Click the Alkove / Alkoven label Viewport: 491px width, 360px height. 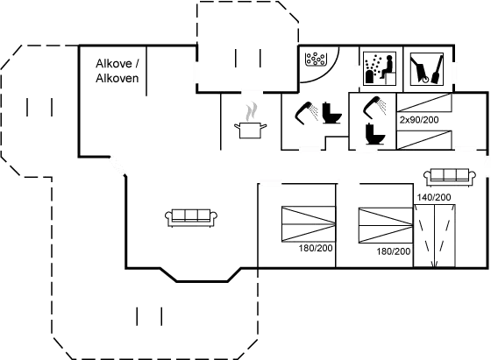tap(117, 71)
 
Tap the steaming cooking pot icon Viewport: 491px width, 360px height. tap(251, 121)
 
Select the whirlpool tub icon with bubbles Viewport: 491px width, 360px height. tap(315, 59)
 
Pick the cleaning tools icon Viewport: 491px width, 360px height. tap(426, 68)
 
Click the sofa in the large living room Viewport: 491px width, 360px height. tap(191, 217)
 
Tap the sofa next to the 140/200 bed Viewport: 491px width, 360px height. tap(449, 177)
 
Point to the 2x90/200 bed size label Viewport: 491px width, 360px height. tap(419, 120)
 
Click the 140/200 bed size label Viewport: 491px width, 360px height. tap(434, 197)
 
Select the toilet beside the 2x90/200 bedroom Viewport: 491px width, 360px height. tap(375, 134)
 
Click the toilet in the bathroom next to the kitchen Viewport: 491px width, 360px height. tap(332, 113)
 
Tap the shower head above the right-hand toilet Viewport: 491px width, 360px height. tap(375, 107)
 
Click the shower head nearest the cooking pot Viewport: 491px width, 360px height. tap(306, 113)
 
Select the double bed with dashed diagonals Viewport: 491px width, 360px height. tap(434, 236)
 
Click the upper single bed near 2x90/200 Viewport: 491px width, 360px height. tap(424, 102)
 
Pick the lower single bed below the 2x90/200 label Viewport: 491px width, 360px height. tap(424, 140)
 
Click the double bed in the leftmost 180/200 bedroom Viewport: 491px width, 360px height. tap(309, 224)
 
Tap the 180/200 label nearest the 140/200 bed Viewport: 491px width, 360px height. tap(394, 251)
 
